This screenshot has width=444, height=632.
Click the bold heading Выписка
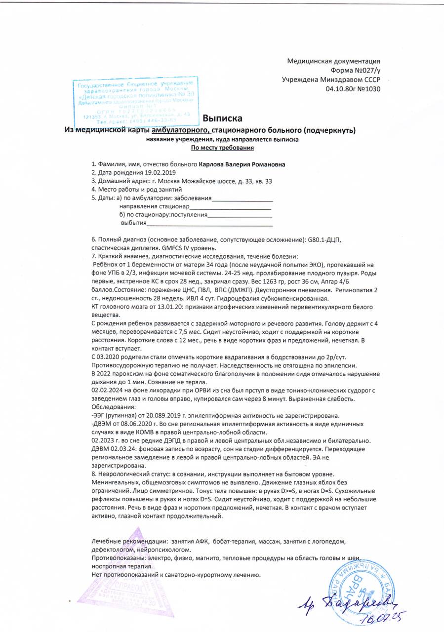(223, 118)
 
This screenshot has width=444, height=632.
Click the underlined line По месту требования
(222, 148)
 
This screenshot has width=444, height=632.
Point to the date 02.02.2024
(110, 391)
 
